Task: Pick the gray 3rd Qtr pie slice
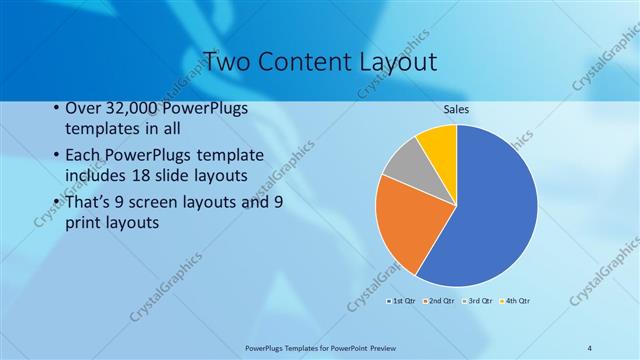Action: [404, 163]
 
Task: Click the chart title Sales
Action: [456, 109]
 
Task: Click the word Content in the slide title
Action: [307, 62]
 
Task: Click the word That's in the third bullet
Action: [88, 203]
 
